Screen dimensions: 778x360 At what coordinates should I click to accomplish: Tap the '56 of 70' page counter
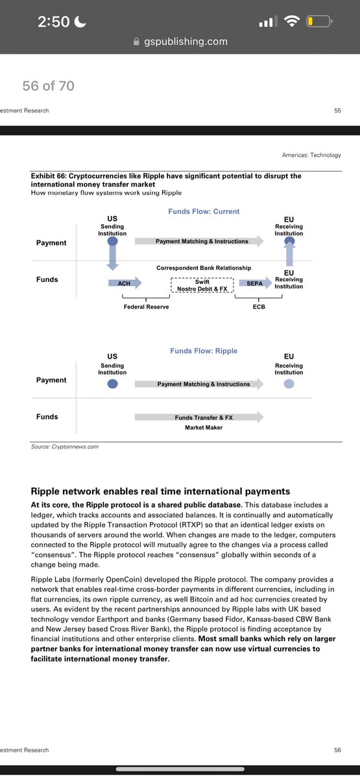[49, 86]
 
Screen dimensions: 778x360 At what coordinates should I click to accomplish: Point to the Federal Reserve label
[146, 307]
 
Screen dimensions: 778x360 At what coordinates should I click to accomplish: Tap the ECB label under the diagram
[259, 307]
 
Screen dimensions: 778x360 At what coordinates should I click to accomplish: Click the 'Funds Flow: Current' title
[203, 211]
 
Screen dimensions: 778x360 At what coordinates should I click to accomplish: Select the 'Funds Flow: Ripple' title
[204, 351]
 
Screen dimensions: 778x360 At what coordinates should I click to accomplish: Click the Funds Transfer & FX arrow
[198, 418]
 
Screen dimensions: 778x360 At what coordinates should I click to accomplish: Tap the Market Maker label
[203, 428]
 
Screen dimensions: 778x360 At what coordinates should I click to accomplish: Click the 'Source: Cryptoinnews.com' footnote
[65, 447]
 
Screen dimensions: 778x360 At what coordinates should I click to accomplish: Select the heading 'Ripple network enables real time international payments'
[160, 491]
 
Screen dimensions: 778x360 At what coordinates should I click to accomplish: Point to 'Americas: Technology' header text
[311, 155]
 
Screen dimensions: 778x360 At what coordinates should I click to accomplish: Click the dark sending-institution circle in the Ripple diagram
[112, 384]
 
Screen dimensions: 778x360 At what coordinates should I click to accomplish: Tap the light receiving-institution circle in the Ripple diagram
[289, 384]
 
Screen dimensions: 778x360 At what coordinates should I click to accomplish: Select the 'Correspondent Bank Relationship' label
[203, 268]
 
